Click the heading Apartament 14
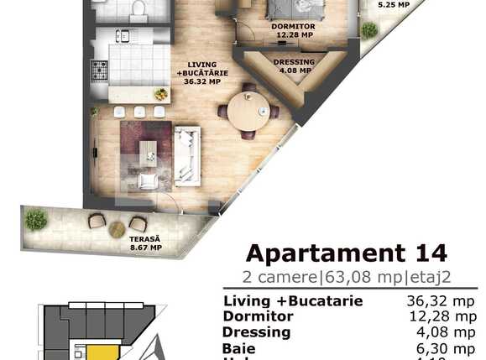click(x=346, y=252)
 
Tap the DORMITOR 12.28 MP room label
click(x=287, y=31)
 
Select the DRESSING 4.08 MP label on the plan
click(x=294, y=67)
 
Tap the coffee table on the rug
click(x=148, y=153)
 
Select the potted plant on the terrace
click(x=35, y=220)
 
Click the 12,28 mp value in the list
click(x=439, y=316)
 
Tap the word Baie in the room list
click(x=238, y=347)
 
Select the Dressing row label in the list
click(x=256, y=331)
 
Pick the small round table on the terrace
click(x=117, y=227)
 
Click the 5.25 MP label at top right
click(x=394, y=5)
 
